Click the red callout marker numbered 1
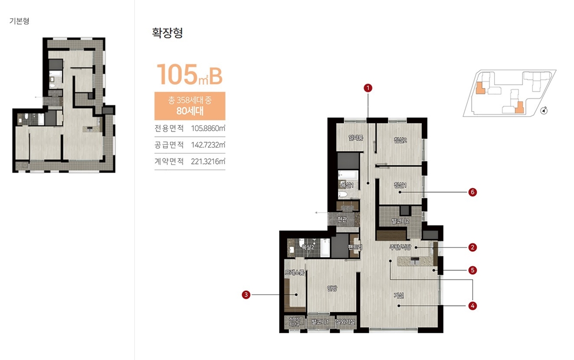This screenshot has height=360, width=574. pyautogui.click(x=368, y=88)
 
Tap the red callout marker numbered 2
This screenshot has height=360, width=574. pyautogui.click(x=473, y=247)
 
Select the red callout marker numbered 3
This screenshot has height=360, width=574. pyautogui.click(x=246, y=295)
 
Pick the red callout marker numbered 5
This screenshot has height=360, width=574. pyautogui.click(x=473, y=270)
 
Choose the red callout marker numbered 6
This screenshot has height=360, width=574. pyautogui.click(x=473, y=192)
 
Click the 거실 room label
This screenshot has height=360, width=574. pyautogui.click(x=399, y=295)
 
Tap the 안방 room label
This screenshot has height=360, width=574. pyautogui.click(x=332, y=288)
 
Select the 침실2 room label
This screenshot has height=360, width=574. pyautogui.click(x=400, y=140)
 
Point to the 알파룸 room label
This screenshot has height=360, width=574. pyautogui.click(x=356, y=139)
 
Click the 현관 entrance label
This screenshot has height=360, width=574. pyautogui.click(x=341, y=220)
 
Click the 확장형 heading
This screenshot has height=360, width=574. pyautogui.click(x=167, y=34)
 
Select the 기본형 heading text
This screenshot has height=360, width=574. pyautogui.click(x=19, y=22)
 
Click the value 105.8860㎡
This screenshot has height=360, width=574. pyautogui.click(x=208, y=129)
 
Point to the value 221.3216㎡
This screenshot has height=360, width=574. pyautogui.click(x=208, y=161)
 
